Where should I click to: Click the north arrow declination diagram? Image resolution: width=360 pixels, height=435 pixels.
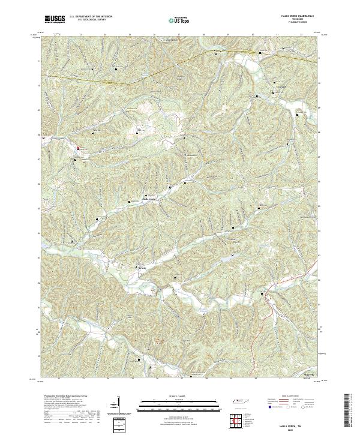pyautogui.click(x=117, y=407)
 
